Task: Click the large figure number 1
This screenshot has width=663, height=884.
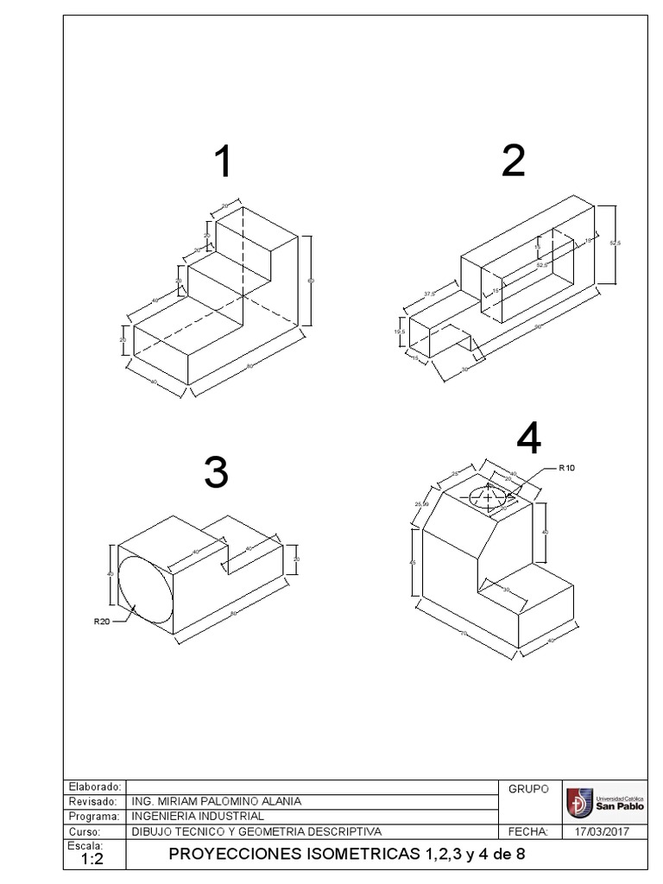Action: pos(223,162)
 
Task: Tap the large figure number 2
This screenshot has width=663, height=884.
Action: pos(513,161)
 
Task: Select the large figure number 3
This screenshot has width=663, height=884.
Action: pos(216,472)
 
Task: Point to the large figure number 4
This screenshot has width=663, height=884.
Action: pos(528,440)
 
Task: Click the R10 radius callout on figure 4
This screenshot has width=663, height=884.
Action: pos(567,468)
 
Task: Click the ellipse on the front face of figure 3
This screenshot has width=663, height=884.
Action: pos(146,590)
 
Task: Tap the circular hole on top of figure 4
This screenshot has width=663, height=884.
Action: pos(489,497)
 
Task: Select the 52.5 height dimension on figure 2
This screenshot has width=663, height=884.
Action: pos(615,243)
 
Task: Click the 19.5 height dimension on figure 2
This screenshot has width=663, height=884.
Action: pos(399,331)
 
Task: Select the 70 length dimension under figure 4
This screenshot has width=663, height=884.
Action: pos(464,634)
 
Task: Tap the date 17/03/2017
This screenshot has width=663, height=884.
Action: pos(603,831)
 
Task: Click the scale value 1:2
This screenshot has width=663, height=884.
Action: pos(92,860)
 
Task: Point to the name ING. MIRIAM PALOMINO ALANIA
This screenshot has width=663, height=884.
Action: pos(216,801)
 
